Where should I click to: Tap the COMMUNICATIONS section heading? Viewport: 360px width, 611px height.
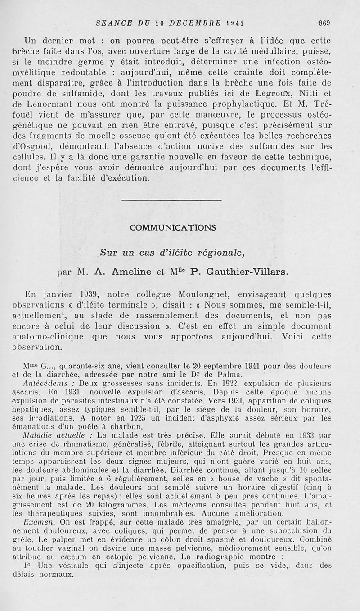click(172, 228)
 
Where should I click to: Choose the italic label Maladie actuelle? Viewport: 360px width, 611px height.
click(59, 436)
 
